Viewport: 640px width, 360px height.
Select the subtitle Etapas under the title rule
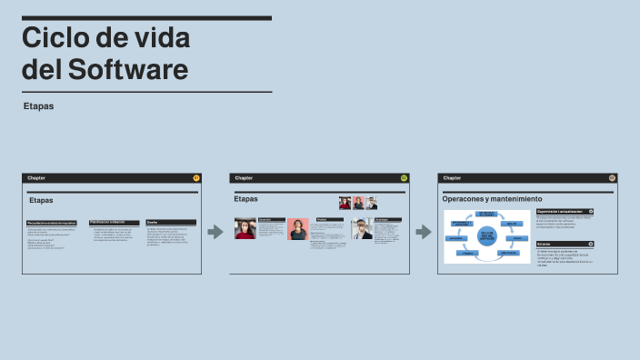[39, 106]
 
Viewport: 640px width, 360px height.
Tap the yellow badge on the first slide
[196, 178]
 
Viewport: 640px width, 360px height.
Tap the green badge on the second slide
[404, 178]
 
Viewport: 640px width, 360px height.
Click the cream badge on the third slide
[612, 178]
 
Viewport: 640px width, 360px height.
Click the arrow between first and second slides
[215, 232]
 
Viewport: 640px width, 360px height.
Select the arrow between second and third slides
[423, 232]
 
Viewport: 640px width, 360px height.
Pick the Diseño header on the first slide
[171, 222]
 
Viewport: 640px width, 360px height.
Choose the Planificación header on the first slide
[114, 222]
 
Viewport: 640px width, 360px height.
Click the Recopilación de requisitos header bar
[52, 222]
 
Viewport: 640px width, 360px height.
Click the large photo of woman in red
[245, 228]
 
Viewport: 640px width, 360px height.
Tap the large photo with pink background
[298, 229]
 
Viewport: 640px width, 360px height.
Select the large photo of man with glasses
[361, 229]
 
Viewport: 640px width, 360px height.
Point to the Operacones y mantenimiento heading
[492, 198]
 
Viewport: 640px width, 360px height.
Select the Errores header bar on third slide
[565, 244]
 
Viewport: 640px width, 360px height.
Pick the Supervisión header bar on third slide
[565, 211]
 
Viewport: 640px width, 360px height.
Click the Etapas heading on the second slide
[246, 198]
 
